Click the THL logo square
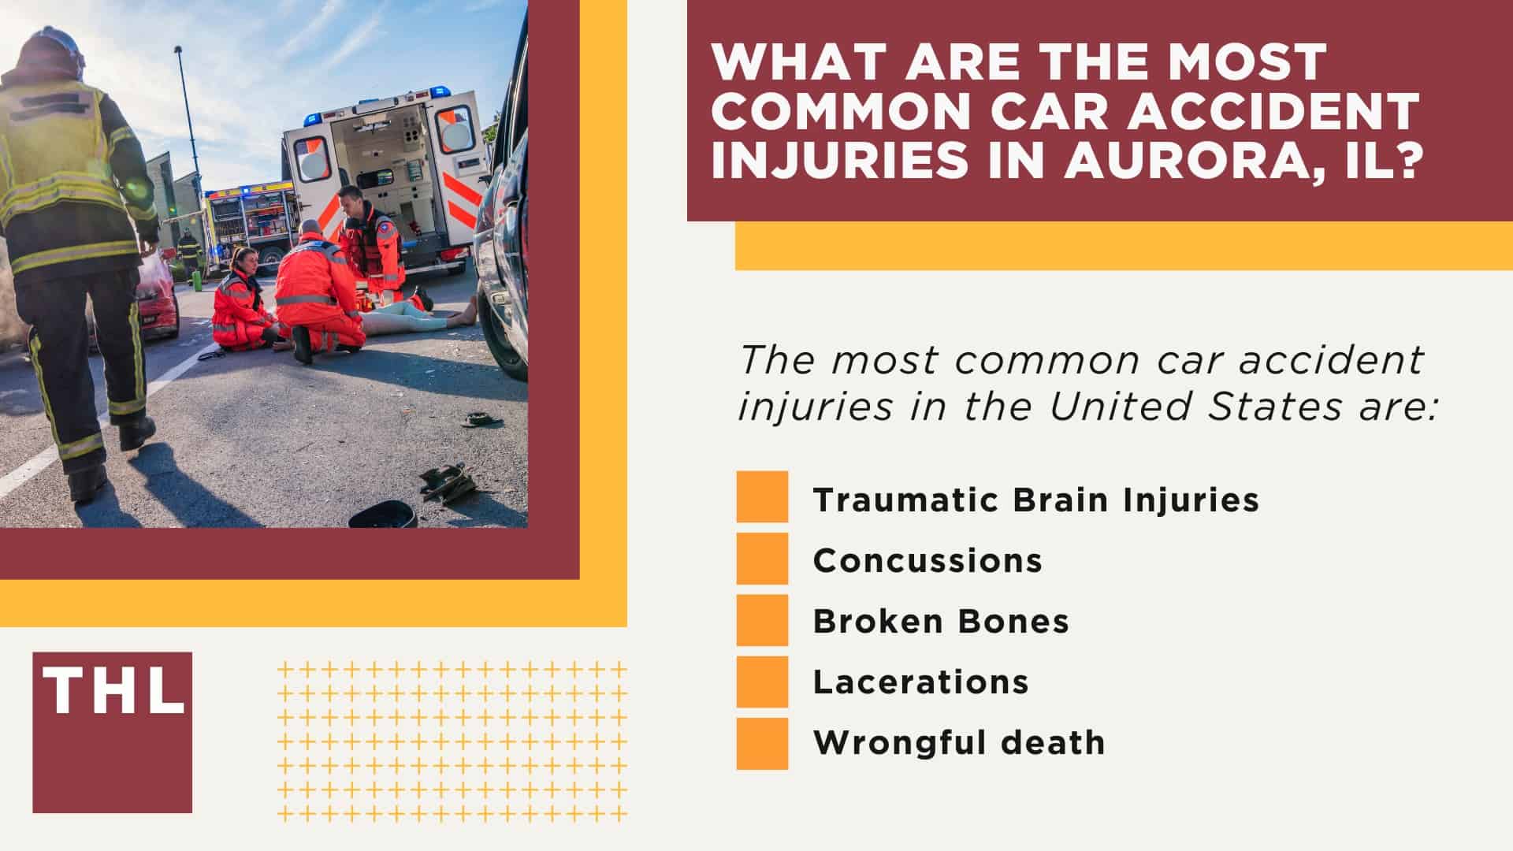click(112, 732)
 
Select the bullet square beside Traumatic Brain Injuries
click(762, 497)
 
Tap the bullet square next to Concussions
click(762, 559)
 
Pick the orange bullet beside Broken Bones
click(762, 620)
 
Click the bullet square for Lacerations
click(762, 682)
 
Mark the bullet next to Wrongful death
click(762, 743)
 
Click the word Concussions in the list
click(928, 560)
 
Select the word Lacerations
click(920, 682)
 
